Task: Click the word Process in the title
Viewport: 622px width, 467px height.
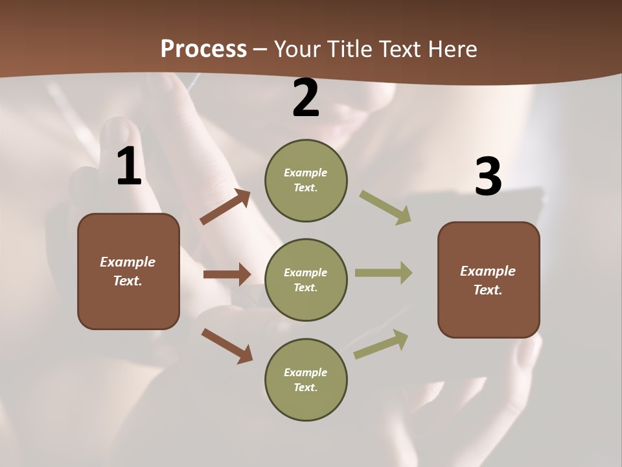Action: pos(203,49)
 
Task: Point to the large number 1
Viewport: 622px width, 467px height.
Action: pos(129,167)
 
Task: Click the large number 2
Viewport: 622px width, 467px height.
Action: pos(306,98)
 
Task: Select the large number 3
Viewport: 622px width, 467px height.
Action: pos(488,177)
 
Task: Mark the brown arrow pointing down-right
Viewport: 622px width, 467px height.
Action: pos(227,346)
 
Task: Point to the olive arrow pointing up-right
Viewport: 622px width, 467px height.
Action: pos(381,344)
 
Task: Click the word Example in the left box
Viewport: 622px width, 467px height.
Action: pos(128,262)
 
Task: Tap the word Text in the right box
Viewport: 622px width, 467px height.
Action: pos(487,290)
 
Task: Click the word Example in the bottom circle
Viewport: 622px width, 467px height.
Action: pos(306,372)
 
